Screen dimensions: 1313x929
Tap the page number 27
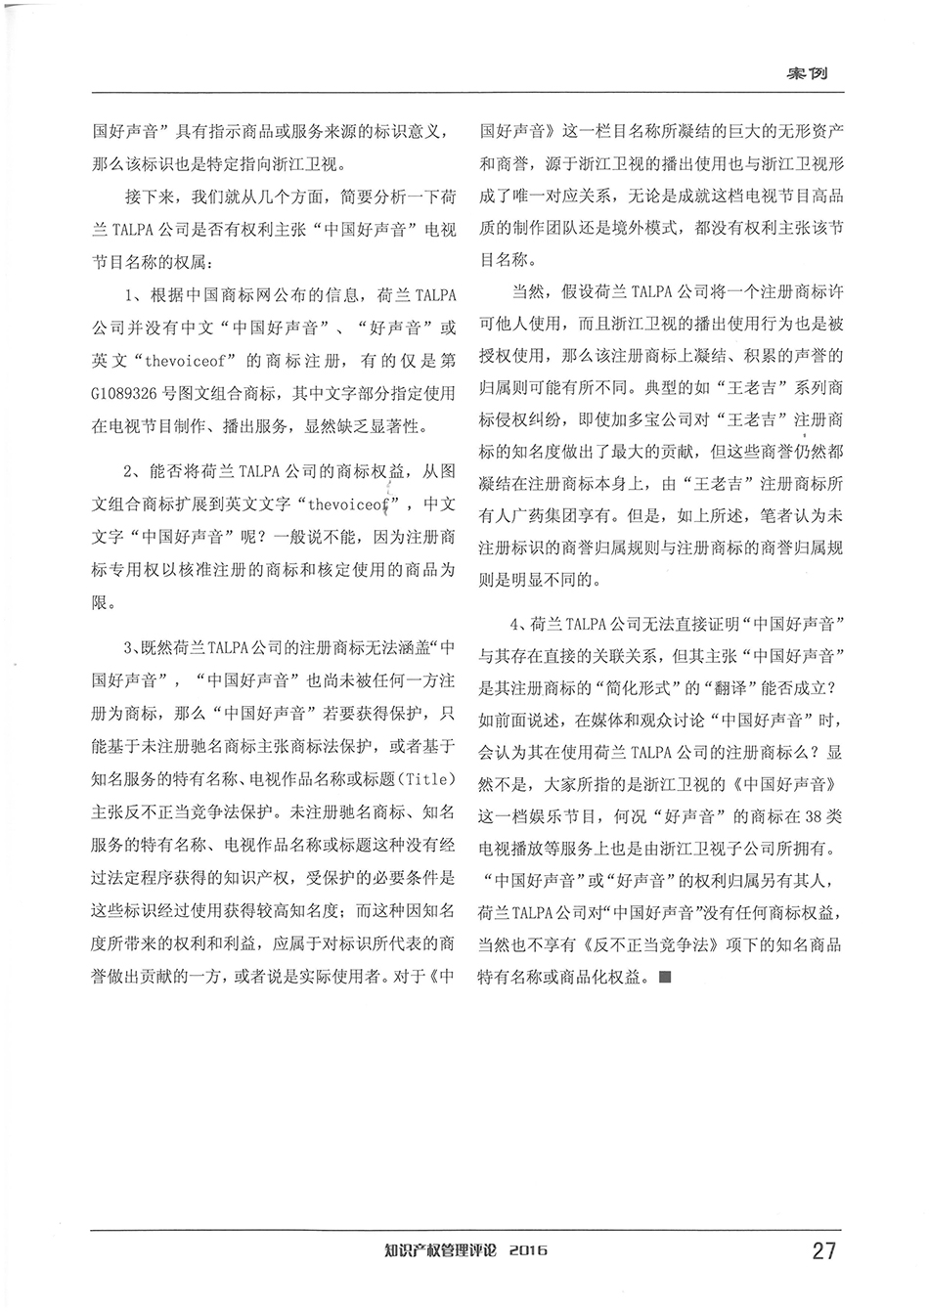pyautogui.click(x=823, y=1250)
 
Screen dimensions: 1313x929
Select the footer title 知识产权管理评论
pyautogui.click(x=441, y=1250)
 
